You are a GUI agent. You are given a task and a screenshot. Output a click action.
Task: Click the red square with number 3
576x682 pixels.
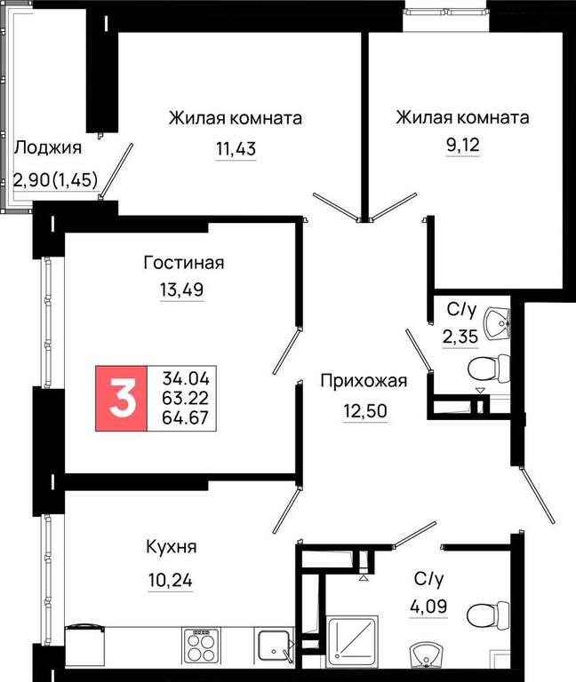tap(122, 399)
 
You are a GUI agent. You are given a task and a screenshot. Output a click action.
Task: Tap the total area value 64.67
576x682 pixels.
tap(186, 418)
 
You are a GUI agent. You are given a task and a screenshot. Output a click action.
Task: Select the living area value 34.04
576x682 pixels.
tap(186, 378)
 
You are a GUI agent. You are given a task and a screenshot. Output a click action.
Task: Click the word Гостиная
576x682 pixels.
tap(184, 263)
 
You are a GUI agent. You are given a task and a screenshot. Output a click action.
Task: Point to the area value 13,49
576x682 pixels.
tap(182, 289)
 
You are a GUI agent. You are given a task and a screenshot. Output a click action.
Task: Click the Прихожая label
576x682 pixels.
tap(364, 381)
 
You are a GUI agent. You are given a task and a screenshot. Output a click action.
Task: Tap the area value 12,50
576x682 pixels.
tap(365, 410)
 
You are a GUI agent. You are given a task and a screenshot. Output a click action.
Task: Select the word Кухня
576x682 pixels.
tap(171, 547)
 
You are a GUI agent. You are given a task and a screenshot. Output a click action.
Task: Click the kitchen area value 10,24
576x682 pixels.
tap(171, 580)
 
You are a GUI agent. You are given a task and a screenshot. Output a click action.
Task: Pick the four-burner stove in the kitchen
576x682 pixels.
tap(201, 645)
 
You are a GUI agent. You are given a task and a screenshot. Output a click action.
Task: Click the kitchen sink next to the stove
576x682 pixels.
tap(274, 646)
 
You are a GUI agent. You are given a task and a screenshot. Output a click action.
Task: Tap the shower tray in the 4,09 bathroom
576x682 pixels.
tap(353, 641)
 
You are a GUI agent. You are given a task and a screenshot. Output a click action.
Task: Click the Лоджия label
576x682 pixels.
tap(48, 148)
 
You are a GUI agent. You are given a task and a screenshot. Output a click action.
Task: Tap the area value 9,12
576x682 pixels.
tap(462, 146)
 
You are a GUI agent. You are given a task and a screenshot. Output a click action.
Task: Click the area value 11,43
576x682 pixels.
tap(236, 149)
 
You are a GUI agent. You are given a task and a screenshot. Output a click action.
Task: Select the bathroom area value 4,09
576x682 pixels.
tap(428, 606)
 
